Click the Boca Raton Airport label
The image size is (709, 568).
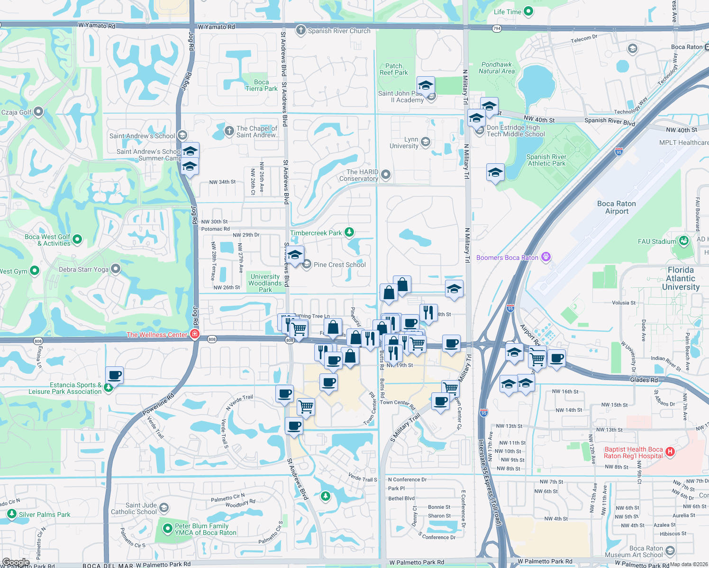[616, 207]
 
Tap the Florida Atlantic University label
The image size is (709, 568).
[681, 278]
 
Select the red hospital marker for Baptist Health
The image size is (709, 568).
[670, 452]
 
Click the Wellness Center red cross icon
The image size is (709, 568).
[194, 335]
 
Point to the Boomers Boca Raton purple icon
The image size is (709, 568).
[546, 257]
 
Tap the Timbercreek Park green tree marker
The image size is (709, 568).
[349, 232]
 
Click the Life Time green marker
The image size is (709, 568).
[529, 11]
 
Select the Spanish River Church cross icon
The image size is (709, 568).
[300, 31]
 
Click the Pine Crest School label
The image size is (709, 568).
[339, 265]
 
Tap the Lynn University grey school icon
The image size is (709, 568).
[426, 142]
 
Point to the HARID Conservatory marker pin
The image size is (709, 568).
[386, 175]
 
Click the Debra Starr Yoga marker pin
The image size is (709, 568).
[116, 269]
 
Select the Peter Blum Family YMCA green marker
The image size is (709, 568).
[167, 528]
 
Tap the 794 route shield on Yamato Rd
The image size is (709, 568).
[497, 28]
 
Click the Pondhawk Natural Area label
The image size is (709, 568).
[496, 68]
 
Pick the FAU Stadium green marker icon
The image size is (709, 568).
[683, 241]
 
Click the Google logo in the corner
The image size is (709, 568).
[16, 562]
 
